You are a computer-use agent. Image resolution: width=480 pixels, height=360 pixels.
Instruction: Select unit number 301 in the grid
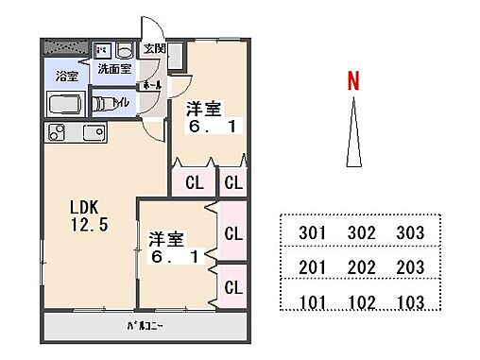(311, 232)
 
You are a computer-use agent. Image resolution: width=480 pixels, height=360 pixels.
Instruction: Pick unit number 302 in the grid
(360, 232)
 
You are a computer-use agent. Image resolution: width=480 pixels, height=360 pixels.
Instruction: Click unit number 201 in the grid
(311, 268)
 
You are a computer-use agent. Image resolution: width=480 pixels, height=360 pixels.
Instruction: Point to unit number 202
(360, 268)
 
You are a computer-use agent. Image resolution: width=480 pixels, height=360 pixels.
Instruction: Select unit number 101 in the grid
(311, 303)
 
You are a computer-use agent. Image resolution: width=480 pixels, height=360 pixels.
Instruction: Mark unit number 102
(360, 303)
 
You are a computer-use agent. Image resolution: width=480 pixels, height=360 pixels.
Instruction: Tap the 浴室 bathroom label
(66, 76)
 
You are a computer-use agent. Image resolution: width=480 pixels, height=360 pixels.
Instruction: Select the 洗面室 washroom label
(115, 69)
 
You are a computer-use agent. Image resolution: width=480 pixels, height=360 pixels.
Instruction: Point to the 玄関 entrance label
(154, 49)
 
